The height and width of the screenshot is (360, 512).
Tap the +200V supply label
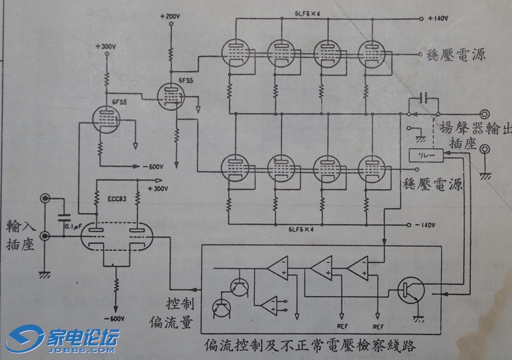coord(170,16)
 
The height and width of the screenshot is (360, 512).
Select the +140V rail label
coord(438,19)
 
